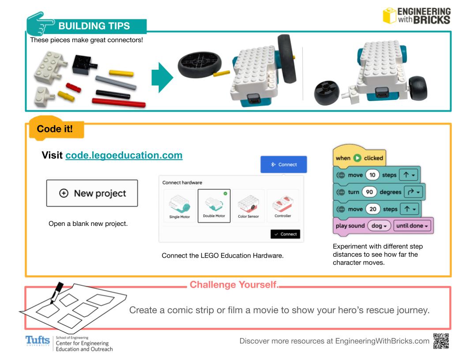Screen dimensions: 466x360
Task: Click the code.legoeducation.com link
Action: tap(124, 156)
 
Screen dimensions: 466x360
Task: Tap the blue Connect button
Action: tap(283, 165)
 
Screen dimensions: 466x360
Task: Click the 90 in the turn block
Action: tap(369, 191)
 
